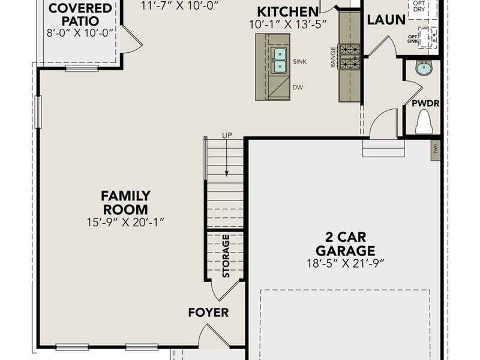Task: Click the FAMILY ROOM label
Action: coord(125,202)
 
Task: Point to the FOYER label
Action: coord(208,313)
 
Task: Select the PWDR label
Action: coord(425,103)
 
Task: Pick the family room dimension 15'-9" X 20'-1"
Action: coord(125,222)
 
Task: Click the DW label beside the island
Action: coord(298,88)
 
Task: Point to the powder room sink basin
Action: coord(424,68)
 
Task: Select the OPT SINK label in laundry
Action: coord(413,39)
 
